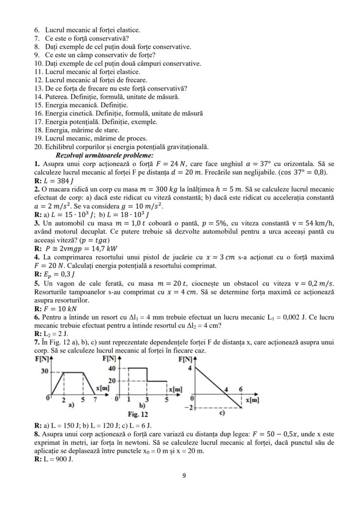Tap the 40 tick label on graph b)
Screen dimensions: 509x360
point(111,368)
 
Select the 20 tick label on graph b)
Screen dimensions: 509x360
point(111,380)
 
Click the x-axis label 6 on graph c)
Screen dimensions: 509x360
point(241,389)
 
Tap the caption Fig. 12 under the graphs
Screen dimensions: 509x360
point(138,415)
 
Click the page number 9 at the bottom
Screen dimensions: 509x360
point(183,476)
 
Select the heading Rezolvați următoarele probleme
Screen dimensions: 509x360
point(104,155)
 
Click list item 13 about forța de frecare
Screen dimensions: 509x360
point(110,88)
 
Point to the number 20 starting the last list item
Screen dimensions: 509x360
point(38,147)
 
